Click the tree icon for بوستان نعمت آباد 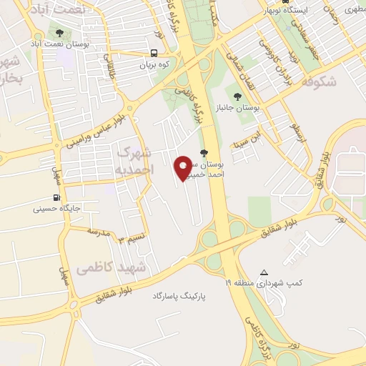59,34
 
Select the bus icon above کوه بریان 154,52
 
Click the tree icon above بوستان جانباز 237,95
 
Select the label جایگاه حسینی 52,210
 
